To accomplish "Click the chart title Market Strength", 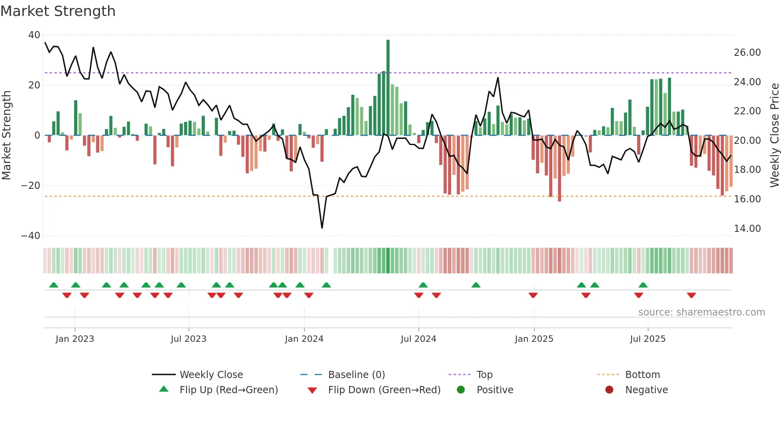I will (x=58, y=11).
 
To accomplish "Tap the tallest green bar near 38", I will (x=388, y=88).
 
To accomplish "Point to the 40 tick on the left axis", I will (x=34, y=35).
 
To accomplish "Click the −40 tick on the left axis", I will (x=31, y=236).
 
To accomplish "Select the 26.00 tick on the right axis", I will (x=747, y=53).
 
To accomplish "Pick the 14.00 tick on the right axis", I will (x=747, y=229).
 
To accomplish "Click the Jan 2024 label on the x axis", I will (x=304, y=339).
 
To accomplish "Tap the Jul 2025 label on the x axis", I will (x=648, y=339).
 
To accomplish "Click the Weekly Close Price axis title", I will (x=774, y=135).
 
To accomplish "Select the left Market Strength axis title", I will (x=6, y=135).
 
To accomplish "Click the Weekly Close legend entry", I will (x=211, y=375).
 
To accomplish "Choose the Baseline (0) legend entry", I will (x=356, y=375).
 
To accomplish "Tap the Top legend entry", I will (x=484, y=375).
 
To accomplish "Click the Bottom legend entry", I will (x=642, y=375).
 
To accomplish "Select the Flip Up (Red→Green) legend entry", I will (x=228, y=390).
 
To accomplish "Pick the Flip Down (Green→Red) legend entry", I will (x=384, y=390).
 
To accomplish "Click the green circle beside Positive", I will (x=461, y=390).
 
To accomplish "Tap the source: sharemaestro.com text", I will (x=701, y=312).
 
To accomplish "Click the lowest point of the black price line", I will (x=322, y=228).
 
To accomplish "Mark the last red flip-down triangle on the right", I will (x=691, y=295).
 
